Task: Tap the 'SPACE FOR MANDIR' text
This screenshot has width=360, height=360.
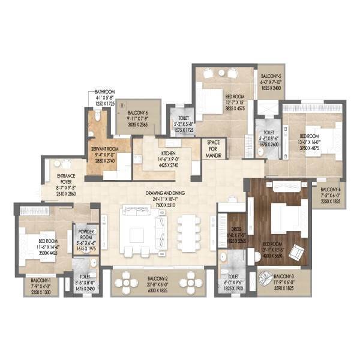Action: coord(214,149)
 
